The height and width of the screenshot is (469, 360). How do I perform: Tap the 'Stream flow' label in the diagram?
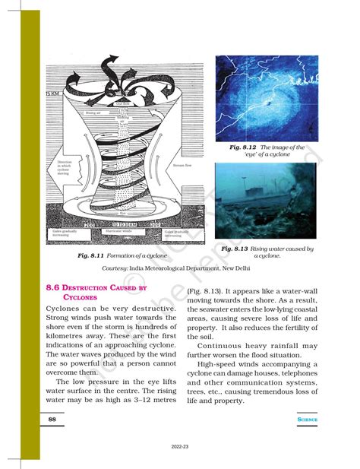click(x=182, y=163)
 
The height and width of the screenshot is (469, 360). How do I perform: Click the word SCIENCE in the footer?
click(x=307, y=419)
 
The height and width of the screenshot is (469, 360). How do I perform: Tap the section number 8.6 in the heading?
click(x=57, y=288)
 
